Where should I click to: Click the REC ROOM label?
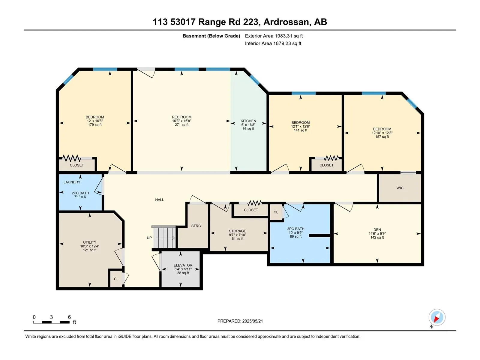tap(181, 117)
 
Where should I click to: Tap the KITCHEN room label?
tap(248, 121)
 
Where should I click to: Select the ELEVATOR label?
tap(183, 265)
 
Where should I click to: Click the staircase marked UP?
tap(164, 238)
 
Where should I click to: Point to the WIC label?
tap(400, 188)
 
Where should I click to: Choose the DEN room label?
tap(377, 230)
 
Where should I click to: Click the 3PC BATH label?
tap(296, 229)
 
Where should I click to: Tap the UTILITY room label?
tap(90, 242)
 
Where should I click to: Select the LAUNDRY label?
tap(72, 182)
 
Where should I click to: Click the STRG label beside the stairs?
tap(196, 226)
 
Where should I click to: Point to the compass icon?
tap(437, 317)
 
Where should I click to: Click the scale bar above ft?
tap(51, 322)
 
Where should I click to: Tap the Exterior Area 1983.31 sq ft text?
tap(274, 36)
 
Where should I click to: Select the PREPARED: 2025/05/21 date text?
tap(240, 321)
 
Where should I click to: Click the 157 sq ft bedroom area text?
tap(382, 137)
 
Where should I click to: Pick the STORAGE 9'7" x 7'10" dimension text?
tap(238, 235)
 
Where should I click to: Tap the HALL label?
tap(159, 200)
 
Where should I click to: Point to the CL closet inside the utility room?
tap(116, 279)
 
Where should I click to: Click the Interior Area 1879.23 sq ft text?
tap(273, 43)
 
